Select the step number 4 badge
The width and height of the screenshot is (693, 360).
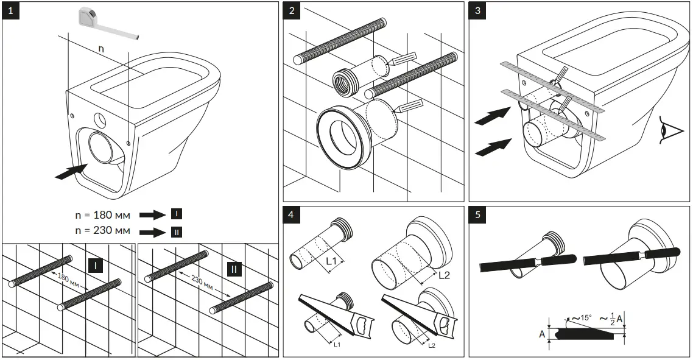tap(293, 216)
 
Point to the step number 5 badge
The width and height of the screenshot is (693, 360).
tap(479, 216)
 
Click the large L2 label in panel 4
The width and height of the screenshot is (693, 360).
tap(445, 275)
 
